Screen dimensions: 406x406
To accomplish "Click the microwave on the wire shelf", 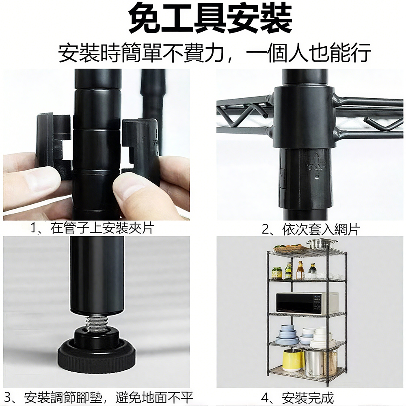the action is (x=307, y=303).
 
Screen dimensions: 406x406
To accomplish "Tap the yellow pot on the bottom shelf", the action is (x=293, y=360).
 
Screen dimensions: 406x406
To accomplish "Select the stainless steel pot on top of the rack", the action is (x=321, y=244).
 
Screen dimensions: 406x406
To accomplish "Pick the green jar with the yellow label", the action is (x=276, y=273).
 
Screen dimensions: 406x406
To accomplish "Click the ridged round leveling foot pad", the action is (x=97, y=355).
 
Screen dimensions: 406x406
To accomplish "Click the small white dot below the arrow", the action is (x=317, y=178).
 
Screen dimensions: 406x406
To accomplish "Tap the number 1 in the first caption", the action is (x=33, y=228).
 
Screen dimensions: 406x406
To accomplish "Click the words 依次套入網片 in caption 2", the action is (x=321, y=229).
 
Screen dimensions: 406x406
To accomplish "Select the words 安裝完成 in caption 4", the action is (x=307, y=398).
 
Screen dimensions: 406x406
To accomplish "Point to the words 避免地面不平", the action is (x=154, y=397).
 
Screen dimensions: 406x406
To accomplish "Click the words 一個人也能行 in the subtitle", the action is (x=308, y=53).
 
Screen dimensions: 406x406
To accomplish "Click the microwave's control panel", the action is (x=317, y=303).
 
